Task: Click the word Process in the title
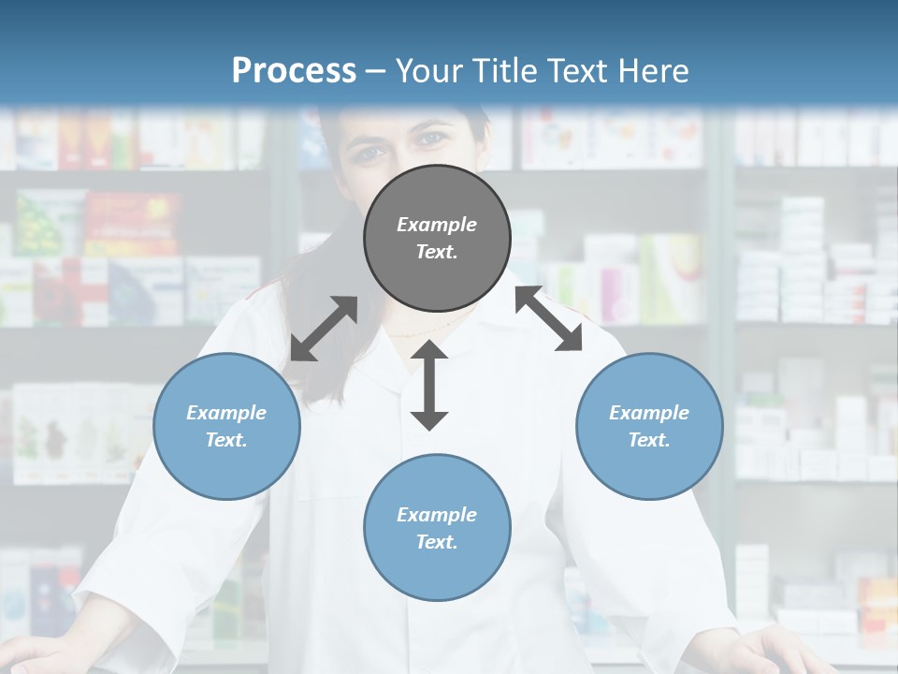click(x=294, y=70)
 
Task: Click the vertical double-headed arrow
click(x=429, y=385)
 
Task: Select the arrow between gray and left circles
click(x=324, y=329)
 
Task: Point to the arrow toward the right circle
click(x=548, y=318)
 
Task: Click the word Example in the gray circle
click(x=437, y=225)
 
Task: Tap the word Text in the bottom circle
click(x=436, y=542)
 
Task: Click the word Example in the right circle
click(x=649, y=413)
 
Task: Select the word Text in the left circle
click(x=225, y=440)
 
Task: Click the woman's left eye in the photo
click(x=431, y=139)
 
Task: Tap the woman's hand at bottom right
click(x=786, y=651)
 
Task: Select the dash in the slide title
click(x=375, y=71)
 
